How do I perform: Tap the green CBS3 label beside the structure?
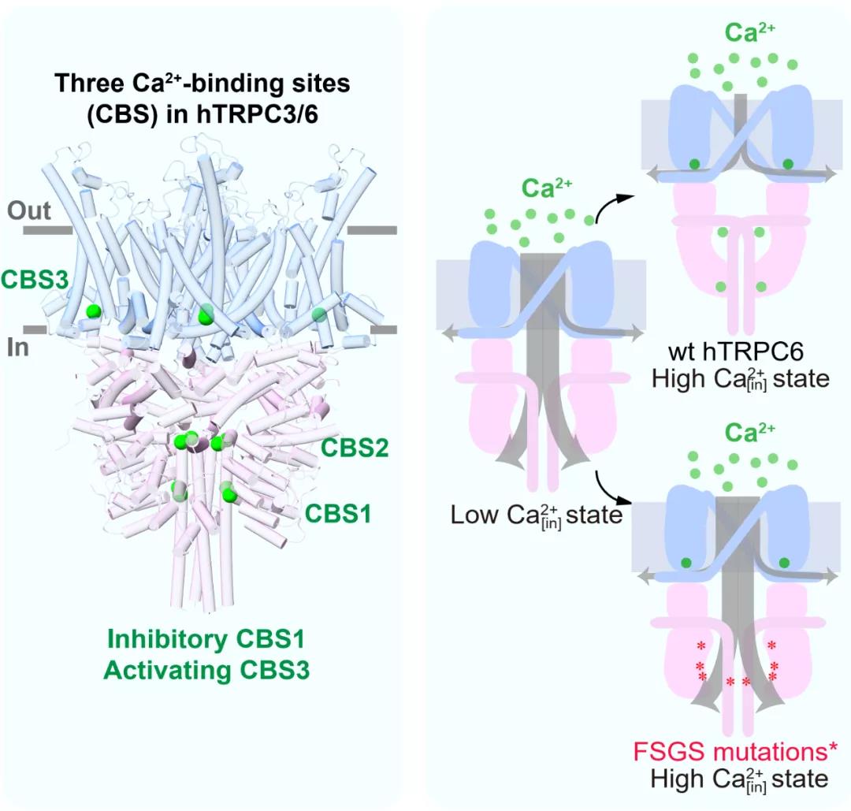pos(32,279)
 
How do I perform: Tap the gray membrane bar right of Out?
pos(370,230)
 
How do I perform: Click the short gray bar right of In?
pos(383,329)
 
